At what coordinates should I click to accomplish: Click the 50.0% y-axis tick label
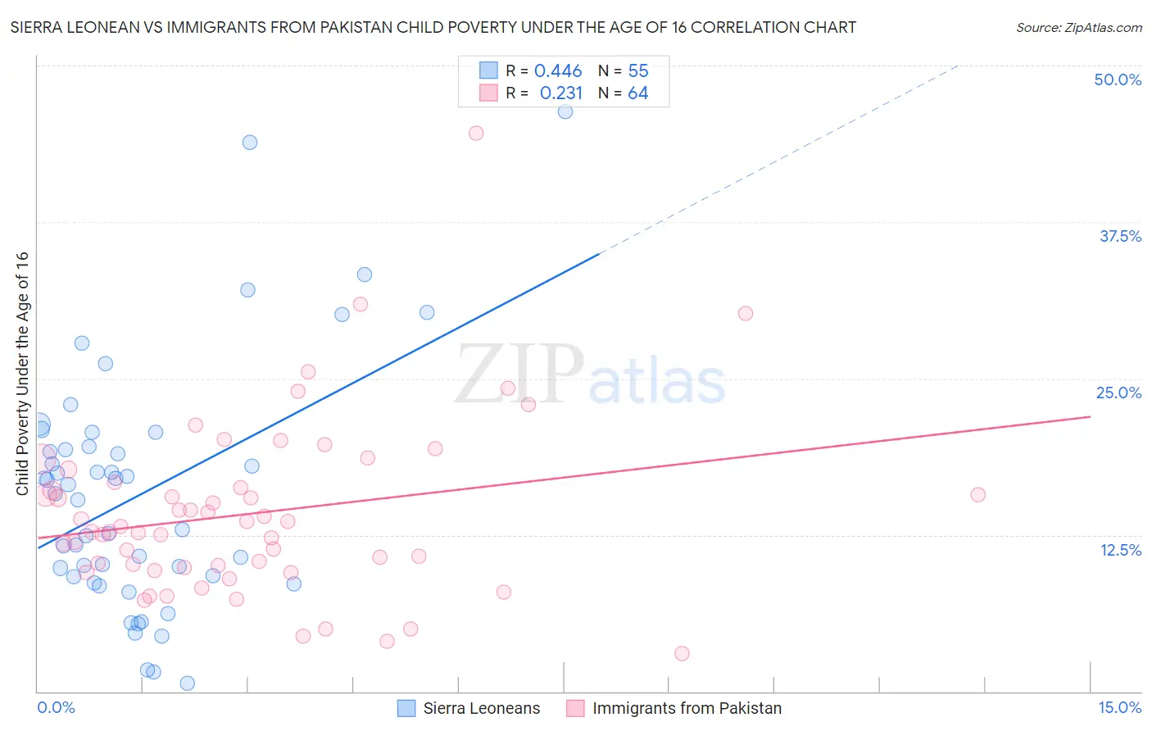tap(1118, 79)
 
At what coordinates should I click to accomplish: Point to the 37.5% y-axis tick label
tap(1120, 236)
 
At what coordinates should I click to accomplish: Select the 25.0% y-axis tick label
tap(1118, 393)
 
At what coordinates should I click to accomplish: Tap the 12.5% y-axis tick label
tap(1120, 550)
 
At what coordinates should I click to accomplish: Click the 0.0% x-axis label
tap(56, 707)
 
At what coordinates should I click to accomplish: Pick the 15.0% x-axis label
tap(1119, 707)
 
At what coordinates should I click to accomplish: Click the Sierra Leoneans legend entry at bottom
tap(481, 708)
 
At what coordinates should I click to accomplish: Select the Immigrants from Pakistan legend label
tap(687, 708)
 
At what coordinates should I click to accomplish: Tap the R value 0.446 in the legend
tap(557, 70)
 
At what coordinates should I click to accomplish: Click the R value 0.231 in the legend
tap(560, 93)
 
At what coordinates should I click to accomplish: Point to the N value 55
tap(638, 70)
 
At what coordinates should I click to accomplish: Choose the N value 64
tap(638, 93)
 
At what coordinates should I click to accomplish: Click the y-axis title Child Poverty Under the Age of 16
tap(23, 373)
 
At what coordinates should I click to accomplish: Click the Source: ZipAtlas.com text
tap(1078, 27)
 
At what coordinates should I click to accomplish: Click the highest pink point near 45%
tap(476, 133)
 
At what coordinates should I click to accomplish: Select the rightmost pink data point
tap(977, 494)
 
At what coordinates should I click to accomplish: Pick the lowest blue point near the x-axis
tap(187, 683)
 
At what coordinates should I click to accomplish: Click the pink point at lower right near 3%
tap(682, 653)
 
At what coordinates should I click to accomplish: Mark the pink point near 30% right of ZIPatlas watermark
tap(745, 313)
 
